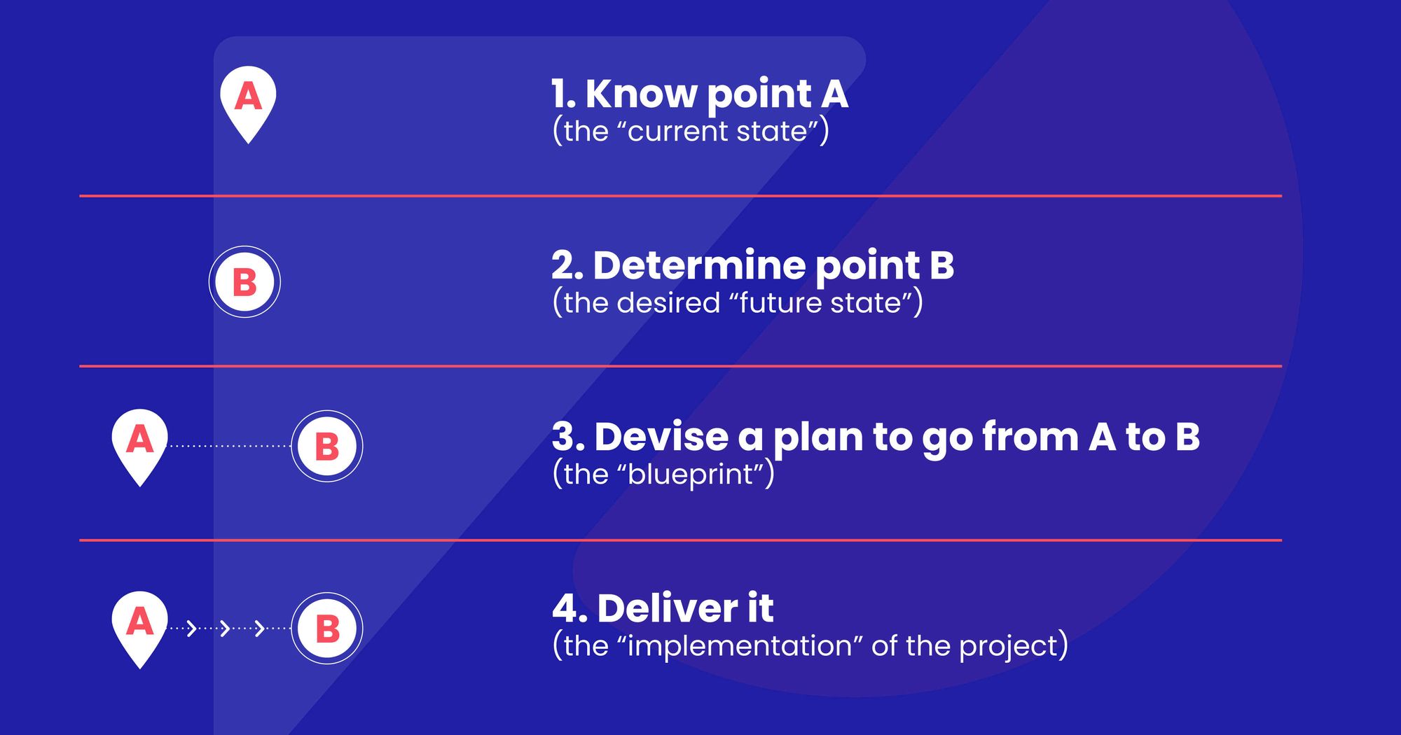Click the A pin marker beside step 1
(x=248, y=98)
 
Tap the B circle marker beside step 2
(x=244, y=282)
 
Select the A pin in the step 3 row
(x=140, y=442)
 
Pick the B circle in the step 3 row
(x=327, y=446)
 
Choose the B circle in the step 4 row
(x=327, y=629)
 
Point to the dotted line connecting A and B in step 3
(x=230, y=446)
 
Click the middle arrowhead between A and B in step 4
(x=225, y=628)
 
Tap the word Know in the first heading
(x=640, y=94)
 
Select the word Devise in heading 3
(x=661, y=437)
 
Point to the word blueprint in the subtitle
(x=689, y=475)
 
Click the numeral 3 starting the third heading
(x=564, y=437)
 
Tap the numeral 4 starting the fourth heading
(x=565, y=609)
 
